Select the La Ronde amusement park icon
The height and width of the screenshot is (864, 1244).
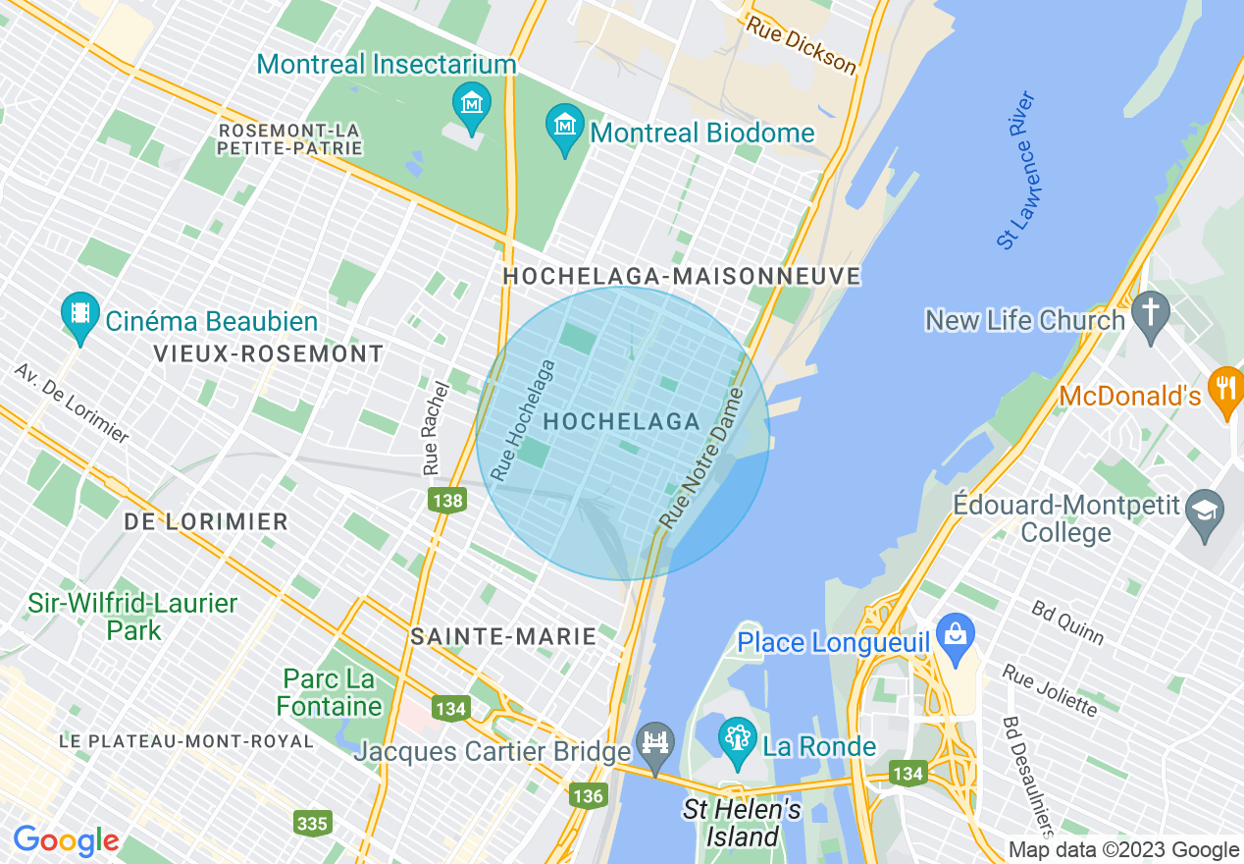pos(736,738)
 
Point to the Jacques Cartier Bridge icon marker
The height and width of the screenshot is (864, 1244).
pos(654,746)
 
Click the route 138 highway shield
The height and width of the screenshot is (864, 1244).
pos(446,501)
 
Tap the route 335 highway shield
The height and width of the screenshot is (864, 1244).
pos(312,823)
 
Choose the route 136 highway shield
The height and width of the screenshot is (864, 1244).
pos(588,795)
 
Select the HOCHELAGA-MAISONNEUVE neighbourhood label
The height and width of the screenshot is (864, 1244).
pos(681,277)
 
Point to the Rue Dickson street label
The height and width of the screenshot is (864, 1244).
pos(801,44)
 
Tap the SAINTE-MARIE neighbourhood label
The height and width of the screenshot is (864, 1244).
pos(503,636)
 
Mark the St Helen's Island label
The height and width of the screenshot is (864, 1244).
pos(742,824)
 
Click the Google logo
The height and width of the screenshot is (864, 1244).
pos(66,841)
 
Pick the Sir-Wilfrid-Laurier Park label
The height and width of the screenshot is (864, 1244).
pos(132,616)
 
